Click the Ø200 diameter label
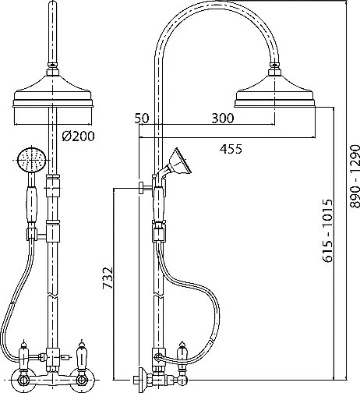pyautogui.click(x=79, y=136)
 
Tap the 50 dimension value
pyautogui.click(x=142, y=119)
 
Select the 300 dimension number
pyautogui.click(x=223, y=119)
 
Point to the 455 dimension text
pyautogui.click(x=231, y=149)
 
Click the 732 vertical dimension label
pyautogui.click(x=108, y=278)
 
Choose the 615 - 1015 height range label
pyautogui.click(x=327, y=231)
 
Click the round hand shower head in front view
pyautogui.click(x=31, y=159)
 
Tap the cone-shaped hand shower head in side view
pyautogui.click(x=180, y=161)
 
